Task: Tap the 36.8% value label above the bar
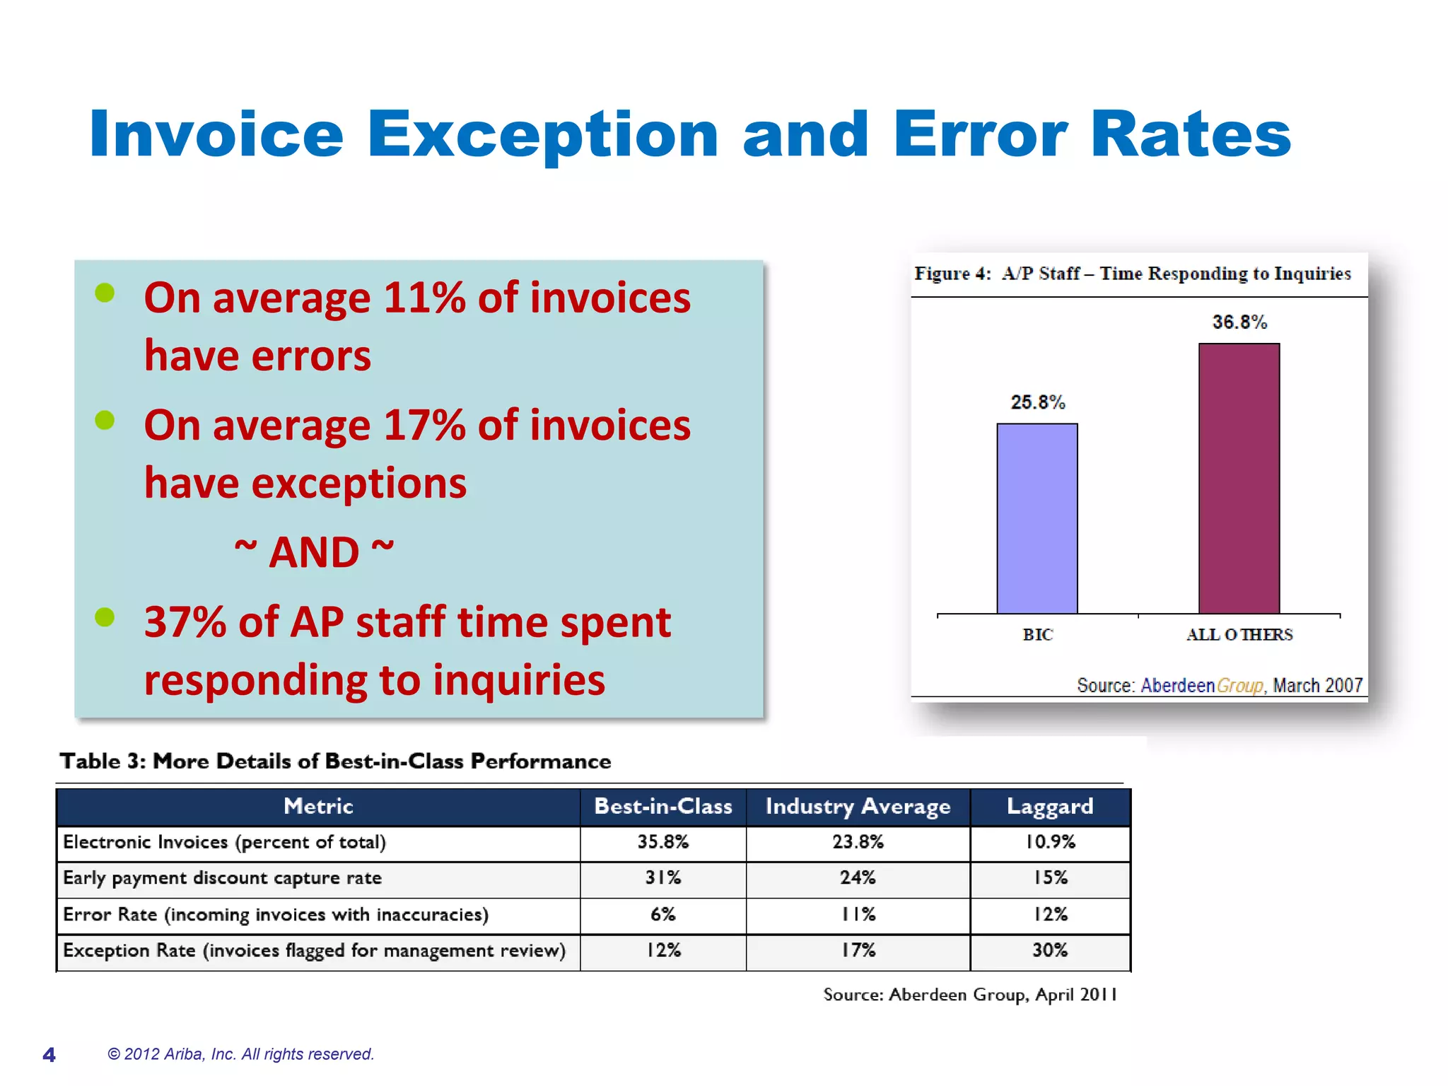click(1239, 322)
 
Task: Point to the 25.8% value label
click(1037, 402)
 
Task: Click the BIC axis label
click(1037, 634)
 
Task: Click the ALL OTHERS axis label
click(1239, 634)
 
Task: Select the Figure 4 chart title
click(1132, 274)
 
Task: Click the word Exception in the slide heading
click(542, 134)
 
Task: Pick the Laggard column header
click(1049, 807)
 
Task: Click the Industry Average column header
click(857, 807)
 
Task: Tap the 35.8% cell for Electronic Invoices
click(662, 842)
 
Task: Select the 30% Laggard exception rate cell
click(1049, 950)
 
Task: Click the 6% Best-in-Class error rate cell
click(662, 914)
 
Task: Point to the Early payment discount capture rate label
click(222, 878)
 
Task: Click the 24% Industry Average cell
click(857, 878)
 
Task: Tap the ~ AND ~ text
click(314, 551)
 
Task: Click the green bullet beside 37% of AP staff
click(105, 617)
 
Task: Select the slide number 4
click(49, 1055)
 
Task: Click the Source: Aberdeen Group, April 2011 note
click(969, 995)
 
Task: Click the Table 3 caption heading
click(335, 761)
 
